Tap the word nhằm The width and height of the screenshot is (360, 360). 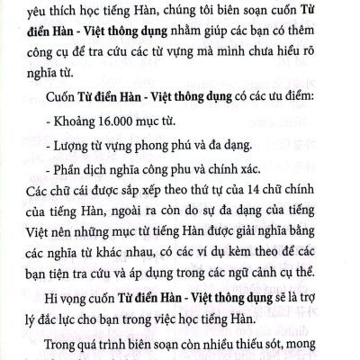(158, 36)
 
